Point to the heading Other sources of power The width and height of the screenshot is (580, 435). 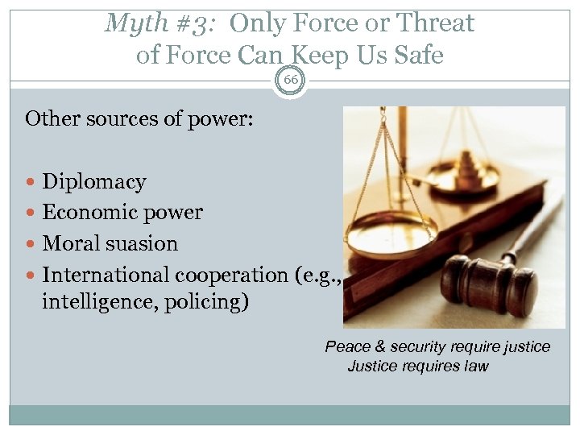[139, 119]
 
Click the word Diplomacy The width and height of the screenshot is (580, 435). [93, 182]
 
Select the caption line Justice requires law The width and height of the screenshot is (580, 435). [418, 367]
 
